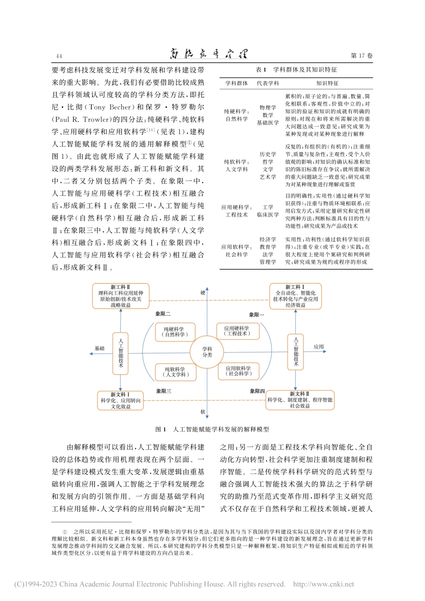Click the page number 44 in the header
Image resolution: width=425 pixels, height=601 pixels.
(x=59, y=56)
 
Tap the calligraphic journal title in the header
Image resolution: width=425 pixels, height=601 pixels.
(x=208, y=55)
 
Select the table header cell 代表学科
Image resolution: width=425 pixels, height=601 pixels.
(x=268, y=83)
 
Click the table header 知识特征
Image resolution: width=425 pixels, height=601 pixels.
(x=327, y=83)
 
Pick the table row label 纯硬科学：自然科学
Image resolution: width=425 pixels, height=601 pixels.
(x=237, y=115)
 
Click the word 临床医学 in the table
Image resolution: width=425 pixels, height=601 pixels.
(x=268, y=215)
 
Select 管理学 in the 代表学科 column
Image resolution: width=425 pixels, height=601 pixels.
(x=268, y=262)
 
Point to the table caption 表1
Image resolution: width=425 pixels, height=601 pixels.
(x=261, y=70)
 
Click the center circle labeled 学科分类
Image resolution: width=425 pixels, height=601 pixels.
(x=207, y=352)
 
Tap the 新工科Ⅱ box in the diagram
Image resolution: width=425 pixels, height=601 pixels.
(x=121, y=296)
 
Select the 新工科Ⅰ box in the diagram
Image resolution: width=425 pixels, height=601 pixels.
(x=295, y=296)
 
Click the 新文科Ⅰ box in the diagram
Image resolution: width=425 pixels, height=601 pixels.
(x=121, y=401)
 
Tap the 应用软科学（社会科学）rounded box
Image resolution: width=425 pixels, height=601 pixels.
(x=238, y=371)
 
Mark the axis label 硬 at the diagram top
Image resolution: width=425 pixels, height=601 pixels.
(x=203, y=293)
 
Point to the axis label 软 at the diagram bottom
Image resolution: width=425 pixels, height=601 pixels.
(x=203, y=412)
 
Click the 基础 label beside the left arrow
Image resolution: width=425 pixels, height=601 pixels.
(x=99, y=348)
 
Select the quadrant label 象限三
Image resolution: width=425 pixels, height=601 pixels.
(x=163, y=391)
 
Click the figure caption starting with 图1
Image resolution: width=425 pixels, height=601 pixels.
(x=212, y=429)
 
